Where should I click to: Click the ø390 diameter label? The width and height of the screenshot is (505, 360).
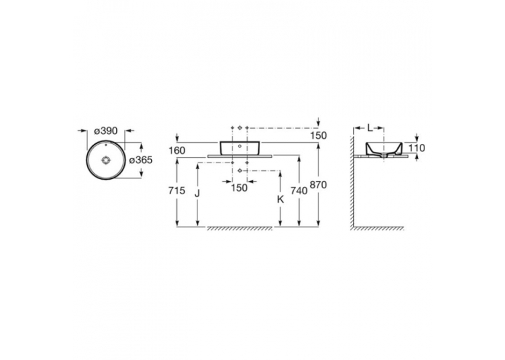[x=106, y=131]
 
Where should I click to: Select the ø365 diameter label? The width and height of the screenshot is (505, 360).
[x=141, y=160]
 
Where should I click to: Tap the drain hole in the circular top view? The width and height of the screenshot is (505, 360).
[x=106, y=160]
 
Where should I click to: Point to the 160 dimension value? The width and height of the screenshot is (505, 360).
[x=177, y=151]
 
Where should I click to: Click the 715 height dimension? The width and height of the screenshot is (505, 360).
[x=177, y=190]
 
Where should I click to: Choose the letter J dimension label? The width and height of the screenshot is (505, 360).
[x=197, y=193]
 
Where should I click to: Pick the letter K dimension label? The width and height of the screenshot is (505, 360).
[x=281, y=199]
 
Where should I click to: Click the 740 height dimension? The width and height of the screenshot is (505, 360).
[x=299, y=191]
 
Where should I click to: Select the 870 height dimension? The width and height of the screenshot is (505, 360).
[x=318, y=185]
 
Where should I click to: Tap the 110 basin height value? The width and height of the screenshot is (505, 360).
[x=417, y=148]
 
